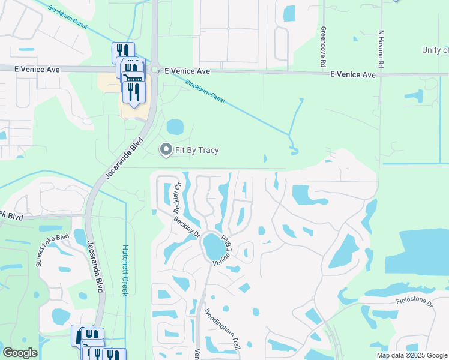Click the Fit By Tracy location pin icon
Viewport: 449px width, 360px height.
[166, 149]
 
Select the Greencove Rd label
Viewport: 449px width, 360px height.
[324, 46]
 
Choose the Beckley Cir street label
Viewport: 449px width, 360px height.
[178, 199]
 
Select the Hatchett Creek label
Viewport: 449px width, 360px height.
[125, 269]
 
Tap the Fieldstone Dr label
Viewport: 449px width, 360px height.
[414, 302]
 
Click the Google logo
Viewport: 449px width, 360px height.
[20, 353]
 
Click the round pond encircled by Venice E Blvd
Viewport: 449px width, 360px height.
[213, 247]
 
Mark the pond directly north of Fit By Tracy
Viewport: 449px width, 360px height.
[175, 127]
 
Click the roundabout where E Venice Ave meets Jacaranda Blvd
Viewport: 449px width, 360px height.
[154, 70]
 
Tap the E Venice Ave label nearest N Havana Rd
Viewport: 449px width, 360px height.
[354, 74]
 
